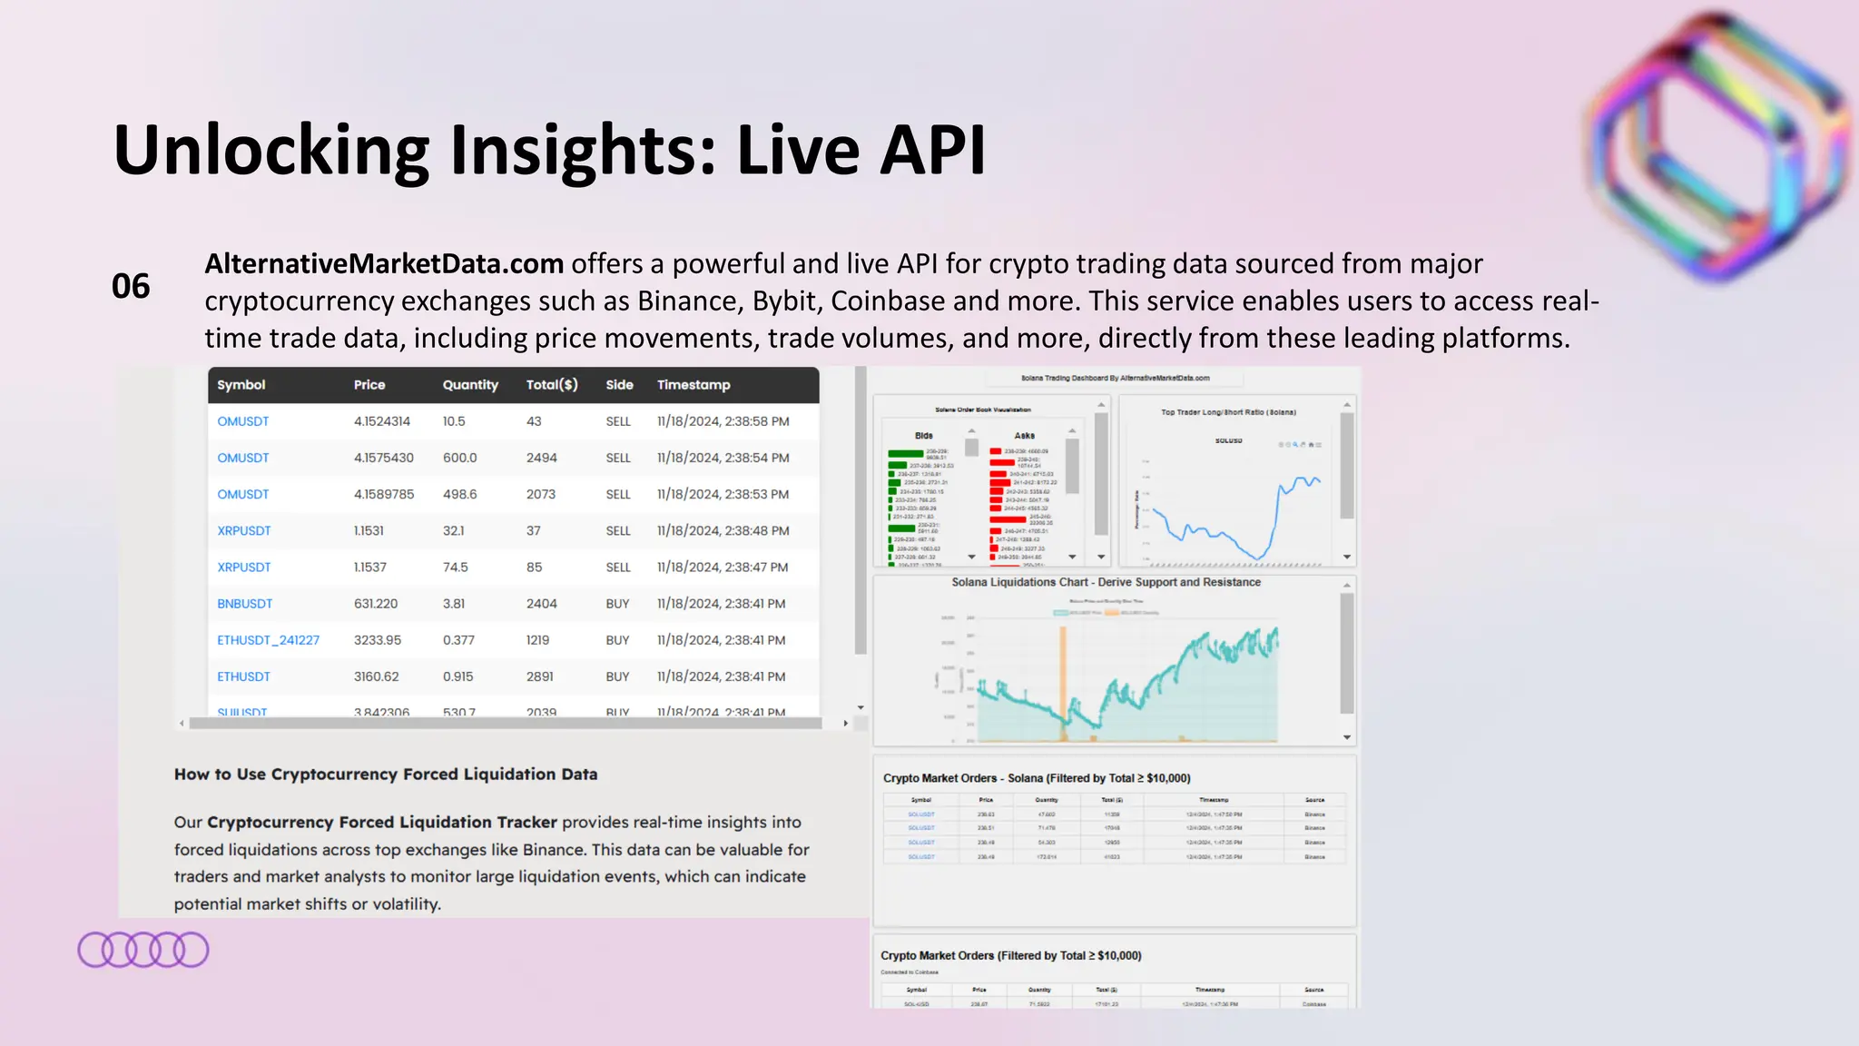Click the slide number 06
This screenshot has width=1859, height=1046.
[x=131, y=287]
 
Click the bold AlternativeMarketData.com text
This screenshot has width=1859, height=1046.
[x=384, y=264]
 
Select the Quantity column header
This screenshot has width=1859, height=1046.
[x=470, y=385]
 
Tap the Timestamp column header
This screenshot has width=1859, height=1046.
[x=693, y=385]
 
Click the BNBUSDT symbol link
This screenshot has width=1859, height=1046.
[x=244, y=604]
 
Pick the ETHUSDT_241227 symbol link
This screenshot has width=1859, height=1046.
[x=268, y=640]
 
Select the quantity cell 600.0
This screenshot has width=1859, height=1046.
[x=459, y=458]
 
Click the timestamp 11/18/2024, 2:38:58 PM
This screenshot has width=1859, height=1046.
[x=723, y=421]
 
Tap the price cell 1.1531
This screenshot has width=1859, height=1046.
[x=369, y=530]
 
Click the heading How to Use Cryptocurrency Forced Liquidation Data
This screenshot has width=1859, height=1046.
[x=386, y=775]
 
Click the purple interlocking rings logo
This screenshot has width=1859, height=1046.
[x=143, y=950]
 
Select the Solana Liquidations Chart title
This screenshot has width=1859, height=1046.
[x=1106, y=583]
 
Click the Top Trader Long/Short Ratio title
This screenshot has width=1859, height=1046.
[x=1228, y=412]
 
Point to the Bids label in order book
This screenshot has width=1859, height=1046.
[x=923, y=436]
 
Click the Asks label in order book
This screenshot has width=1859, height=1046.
[x=1024, y=436]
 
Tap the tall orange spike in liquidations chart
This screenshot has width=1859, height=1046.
[x=1063, y=672]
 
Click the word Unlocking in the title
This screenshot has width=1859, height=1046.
[x=271, y=151]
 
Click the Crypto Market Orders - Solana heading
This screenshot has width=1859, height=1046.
[x=1037, y=778]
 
